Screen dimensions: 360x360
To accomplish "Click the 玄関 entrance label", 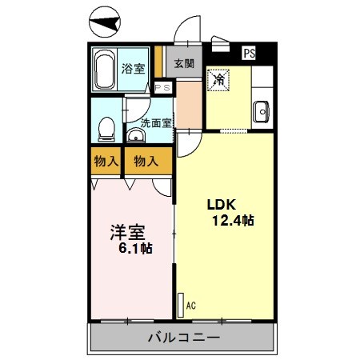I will pos(185,62).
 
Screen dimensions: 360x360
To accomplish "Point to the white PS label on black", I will pos(250,54).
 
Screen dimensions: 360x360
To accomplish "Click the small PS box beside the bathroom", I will pos(163,88).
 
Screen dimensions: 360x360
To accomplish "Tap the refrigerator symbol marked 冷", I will pos(218,80).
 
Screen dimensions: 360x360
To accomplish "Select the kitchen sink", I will pos(261,113).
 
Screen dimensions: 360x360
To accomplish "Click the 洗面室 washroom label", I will pos(156,123).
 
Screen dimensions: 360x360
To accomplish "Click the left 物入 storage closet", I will pos(106,161).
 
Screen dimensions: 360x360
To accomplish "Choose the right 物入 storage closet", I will pos(145,161).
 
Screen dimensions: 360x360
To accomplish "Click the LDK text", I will pos(225,202).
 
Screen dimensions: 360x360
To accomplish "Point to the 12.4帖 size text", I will pos(232,220).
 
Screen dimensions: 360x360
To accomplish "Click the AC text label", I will pos(190,305).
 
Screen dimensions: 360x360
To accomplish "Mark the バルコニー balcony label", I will pos(183,338).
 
